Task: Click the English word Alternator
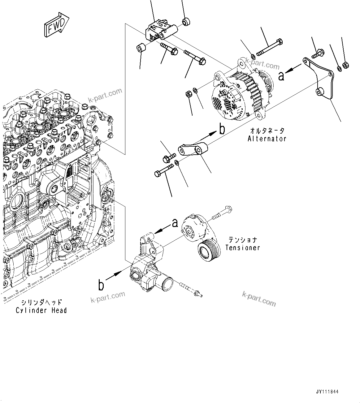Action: tap(267, 139)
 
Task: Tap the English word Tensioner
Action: tap(242, 248)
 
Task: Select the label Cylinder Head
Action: tap(41, 310)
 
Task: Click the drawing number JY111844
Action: tap(327, 392)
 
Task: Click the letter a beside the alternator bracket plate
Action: tap(281, 76)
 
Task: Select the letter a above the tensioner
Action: tap(175, 222)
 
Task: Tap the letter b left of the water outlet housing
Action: tap(101, 285)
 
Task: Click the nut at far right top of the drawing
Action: tap(346, 65)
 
